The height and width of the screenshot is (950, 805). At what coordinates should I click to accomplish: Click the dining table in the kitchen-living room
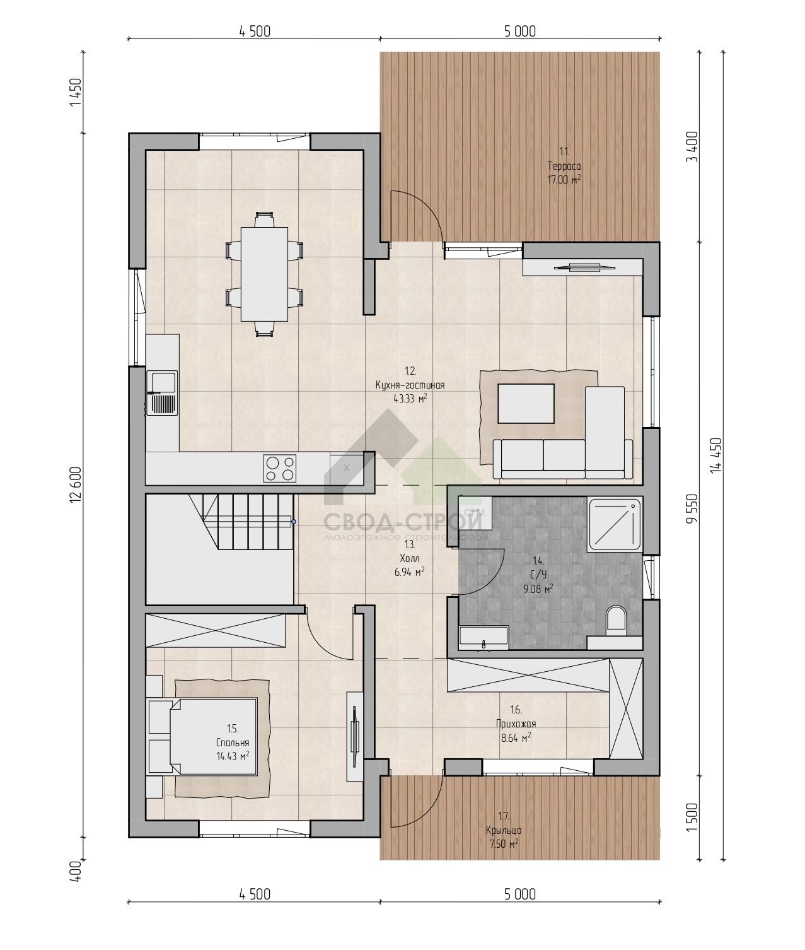(x=264, y=274)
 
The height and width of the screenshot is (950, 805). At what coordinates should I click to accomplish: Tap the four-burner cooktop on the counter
(x=279, y=468)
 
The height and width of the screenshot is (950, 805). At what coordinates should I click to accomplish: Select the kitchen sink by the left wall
(x=161, y=393)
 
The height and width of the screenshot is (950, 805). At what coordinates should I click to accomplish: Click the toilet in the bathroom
(x=616, y=619)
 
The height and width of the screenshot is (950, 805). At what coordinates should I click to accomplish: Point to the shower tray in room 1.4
(x=615, y=524)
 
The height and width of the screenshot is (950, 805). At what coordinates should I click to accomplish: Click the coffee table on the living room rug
(x=526, y=403)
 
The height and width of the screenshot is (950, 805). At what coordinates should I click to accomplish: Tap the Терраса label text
(x=564, y=165)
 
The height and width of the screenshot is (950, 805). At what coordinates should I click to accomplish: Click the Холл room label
(x=410, y=558)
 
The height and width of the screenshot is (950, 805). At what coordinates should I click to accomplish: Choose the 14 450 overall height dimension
(x=716, y=455)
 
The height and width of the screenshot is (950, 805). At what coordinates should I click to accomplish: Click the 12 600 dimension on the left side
(x=76, y=484)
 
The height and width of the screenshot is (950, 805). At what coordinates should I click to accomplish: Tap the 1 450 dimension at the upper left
(x=76, y=92)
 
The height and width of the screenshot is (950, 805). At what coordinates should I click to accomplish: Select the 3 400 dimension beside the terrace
(x=692, y=146)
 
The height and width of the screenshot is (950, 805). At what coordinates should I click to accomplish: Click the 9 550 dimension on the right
(x=692, y=509)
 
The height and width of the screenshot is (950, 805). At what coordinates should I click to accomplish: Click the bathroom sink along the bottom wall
(x=484, y=638)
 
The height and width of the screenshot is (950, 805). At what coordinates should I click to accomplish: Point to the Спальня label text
(x=233, y=742)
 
